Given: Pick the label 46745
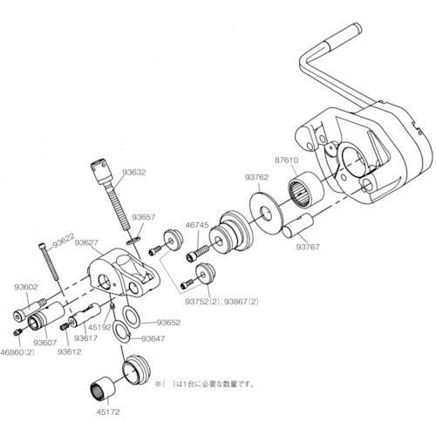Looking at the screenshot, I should pos(197,225).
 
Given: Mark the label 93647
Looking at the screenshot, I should pos(153,337).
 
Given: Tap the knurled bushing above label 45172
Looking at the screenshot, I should pos(106,386).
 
